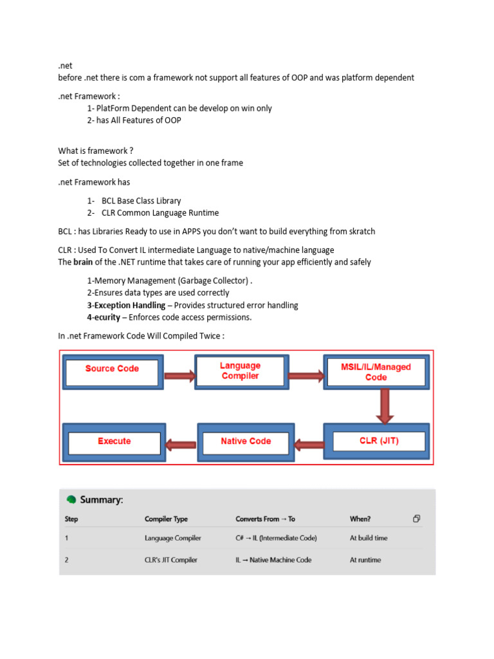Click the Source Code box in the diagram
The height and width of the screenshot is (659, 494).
[112, 369]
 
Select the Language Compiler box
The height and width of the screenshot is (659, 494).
[240, 371]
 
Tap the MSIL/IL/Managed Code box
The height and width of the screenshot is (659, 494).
[376, 372]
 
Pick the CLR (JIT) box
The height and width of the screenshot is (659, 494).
[378, 441]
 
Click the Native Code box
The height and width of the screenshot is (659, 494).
[246, 441]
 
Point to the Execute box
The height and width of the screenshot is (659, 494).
[114, 441]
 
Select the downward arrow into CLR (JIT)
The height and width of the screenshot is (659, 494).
[385, 406]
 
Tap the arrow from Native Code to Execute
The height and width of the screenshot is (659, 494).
[181, 443]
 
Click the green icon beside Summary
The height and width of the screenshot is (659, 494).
[71, 499]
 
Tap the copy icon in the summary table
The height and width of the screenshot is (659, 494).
[417, 519]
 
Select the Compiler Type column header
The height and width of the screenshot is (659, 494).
[166, 519]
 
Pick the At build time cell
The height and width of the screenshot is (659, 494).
[369, 538]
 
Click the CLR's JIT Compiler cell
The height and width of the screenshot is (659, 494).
[171, 560]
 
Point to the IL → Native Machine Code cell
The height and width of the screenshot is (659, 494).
[273, 560]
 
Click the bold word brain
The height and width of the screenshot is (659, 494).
[84, 262]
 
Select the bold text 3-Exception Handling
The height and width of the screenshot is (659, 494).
[126, 305]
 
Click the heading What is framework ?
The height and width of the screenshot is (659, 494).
[96, 151]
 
